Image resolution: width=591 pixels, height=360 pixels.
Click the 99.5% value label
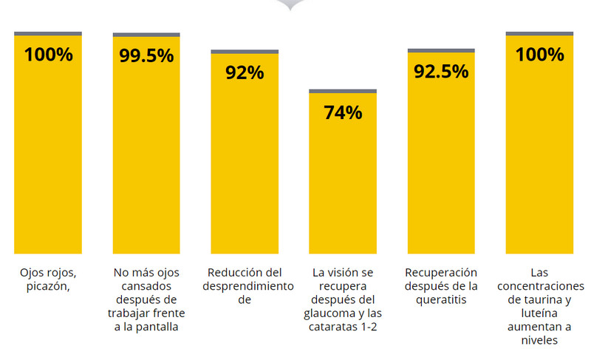(146, 56)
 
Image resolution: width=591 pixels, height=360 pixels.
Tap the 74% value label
(343, 113)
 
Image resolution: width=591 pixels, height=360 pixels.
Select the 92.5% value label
(441, 72)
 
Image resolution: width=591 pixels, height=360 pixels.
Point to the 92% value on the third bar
(245, 73)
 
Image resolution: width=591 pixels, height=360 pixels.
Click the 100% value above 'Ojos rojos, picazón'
(48, 55)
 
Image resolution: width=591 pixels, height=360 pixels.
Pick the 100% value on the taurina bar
(539, 55)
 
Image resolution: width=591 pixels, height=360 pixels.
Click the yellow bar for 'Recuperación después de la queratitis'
(441, 163)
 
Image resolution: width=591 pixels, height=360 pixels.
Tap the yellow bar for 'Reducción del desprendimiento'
(245, 163)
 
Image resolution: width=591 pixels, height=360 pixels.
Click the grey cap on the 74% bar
(343, 91)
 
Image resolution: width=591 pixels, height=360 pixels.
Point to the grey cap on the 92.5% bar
(441, 51)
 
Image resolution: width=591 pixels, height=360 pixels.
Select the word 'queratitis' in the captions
(442, 300)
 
